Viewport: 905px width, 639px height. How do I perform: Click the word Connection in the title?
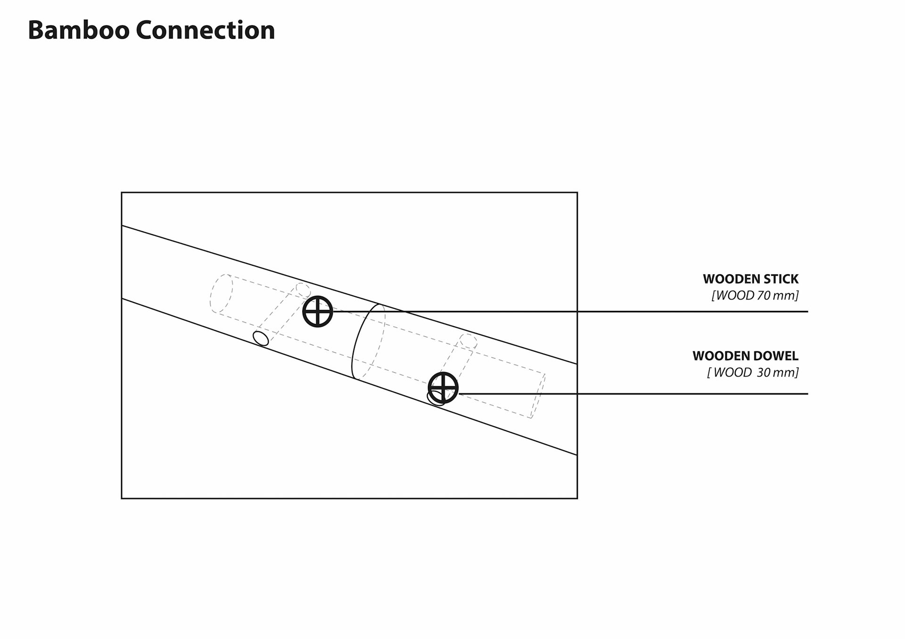coord(205,30)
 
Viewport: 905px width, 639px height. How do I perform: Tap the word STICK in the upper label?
coord(781,279)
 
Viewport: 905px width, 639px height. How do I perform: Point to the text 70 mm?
coord(777,296)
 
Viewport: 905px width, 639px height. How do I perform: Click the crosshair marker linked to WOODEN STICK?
coord(318,311)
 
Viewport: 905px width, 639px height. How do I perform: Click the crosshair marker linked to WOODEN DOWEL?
coord(443,388)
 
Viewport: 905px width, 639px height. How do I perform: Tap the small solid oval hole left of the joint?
coord(261,338)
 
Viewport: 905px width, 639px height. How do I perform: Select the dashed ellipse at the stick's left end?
coord(221,293)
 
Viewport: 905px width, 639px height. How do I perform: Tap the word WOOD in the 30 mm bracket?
coord(732,372)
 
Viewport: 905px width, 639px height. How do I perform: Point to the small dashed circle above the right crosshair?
coord(468,341)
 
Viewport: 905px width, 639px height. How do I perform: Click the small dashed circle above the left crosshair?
coord(303,290)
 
